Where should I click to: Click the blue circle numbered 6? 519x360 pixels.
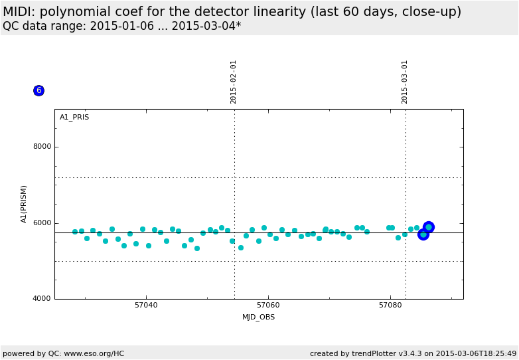38,90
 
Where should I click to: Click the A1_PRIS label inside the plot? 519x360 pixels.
74,118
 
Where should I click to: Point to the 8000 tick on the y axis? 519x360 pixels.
42,147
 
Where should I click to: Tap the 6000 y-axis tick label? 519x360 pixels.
42,223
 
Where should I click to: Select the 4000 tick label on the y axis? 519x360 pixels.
42,299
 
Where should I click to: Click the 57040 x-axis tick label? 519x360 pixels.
146,306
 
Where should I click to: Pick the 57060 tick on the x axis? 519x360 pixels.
268,306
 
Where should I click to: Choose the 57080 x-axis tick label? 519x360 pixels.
390,306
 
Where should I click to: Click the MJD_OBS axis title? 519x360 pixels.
258,317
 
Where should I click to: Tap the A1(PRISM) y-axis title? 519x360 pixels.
24,204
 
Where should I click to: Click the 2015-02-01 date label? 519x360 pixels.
234,82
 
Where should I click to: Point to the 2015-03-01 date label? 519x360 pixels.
405,82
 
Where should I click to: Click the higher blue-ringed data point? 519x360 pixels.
429,227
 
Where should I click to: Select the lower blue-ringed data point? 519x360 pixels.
423,234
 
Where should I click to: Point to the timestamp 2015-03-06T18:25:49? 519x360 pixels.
475,353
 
